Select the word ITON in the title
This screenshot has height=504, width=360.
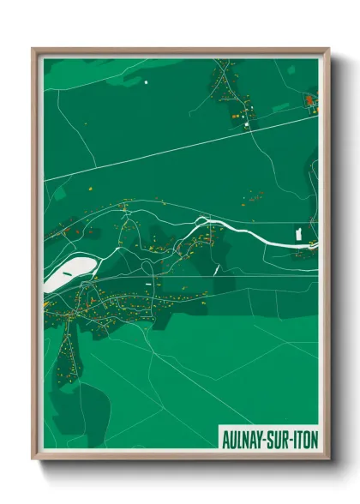(306, 436)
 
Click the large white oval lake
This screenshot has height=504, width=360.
(66, 273)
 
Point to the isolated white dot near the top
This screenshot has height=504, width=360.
(146, 81)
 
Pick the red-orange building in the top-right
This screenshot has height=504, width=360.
(309, 100)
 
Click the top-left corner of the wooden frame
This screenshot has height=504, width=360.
(33, 49)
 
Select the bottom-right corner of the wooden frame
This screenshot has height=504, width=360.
(327, 459)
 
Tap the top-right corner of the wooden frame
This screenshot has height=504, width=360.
(327, 49)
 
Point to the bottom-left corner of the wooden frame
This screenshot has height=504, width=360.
(33, 459)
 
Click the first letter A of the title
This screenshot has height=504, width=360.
(225, 436)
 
